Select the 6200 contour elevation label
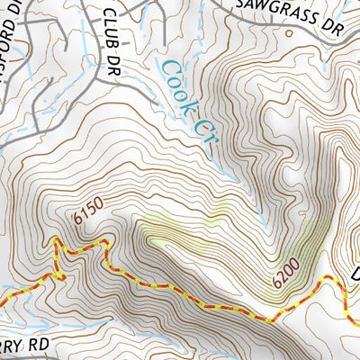coord(284,274)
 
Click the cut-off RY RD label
coord(22,346)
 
